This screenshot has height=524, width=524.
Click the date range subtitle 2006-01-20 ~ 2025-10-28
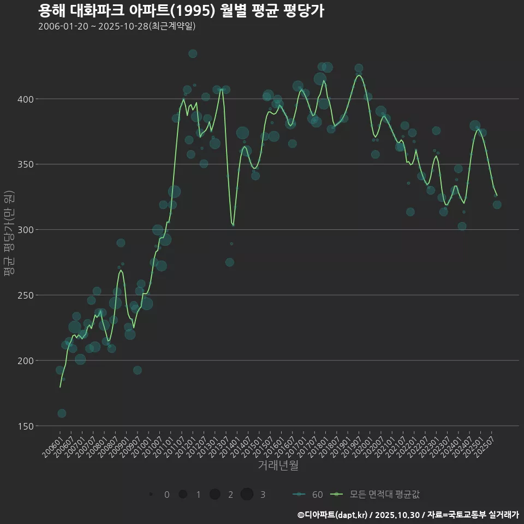click(117, 27)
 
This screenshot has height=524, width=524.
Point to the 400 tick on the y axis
click(26, 99)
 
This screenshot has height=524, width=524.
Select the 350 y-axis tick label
click(26, 164)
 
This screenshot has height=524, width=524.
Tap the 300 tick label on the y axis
click(26, 230)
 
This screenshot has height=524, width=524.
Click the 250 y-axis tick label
click(26, 295)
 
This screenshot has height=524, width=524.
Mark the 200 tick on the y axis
click(26, 361)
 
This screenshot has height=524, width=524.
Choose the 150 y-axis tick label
click(26, 426)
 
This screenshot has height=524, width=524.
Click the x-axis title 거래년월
click(278, 466)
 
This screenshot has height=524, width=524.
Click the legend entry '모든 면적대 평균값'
click(384, 495)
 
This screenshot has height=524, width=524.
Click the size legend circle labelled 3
click(247, 494)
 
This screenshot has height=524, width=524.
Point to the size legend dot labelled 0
click(151, 494)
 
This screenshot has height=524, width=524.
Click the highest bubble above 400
click(193, 53)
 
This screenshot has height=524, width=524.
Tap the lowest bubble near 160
click(62, 413)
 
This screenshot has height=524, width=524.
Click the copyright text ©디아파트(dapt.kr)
click(332, 515)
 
